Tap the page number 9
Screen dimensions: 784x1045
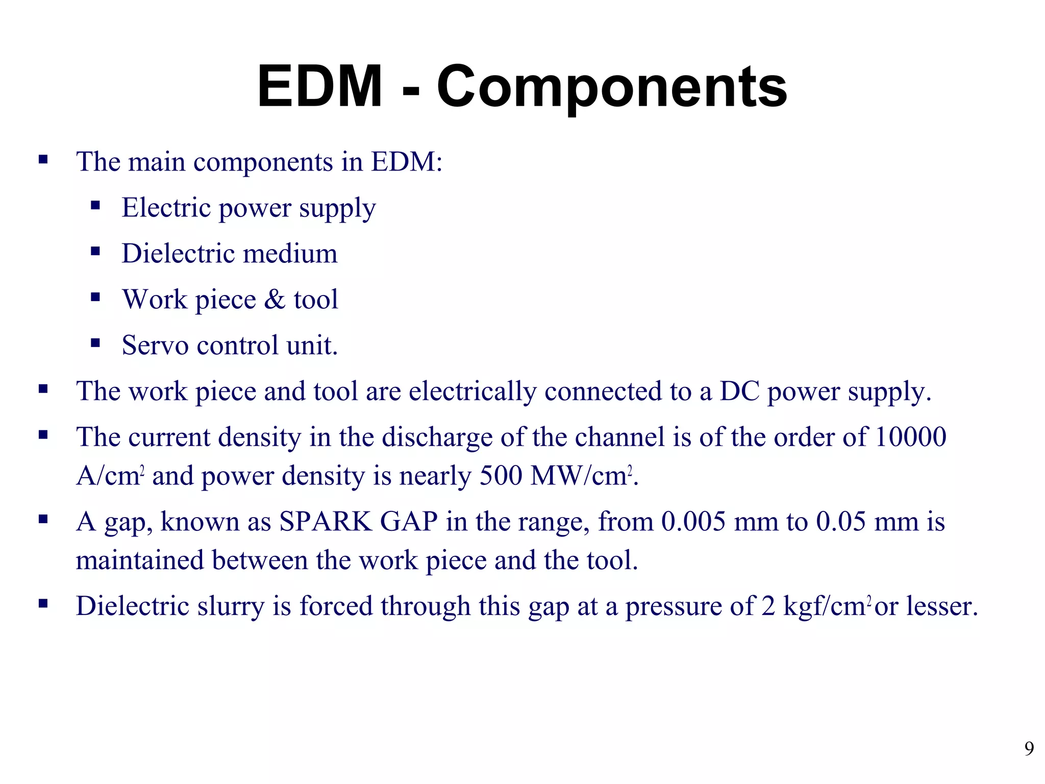click(1029, 749)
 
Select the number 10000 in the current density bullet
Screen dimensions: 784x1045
click(911, 437)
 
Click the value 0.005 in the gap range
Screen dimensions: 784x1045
click(693, 522)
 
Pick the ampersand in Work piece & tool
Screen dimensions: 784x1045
click(275, 299)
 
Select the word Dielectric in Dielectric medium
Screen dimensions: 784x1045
click(177, 253)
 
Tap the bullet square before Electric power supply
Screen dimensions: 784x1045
click(95, 206)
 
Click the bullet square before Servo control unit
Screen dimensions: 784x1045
click(95, 343)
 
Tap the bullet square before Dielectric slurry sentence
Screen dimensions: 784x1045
click(43, 604)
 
